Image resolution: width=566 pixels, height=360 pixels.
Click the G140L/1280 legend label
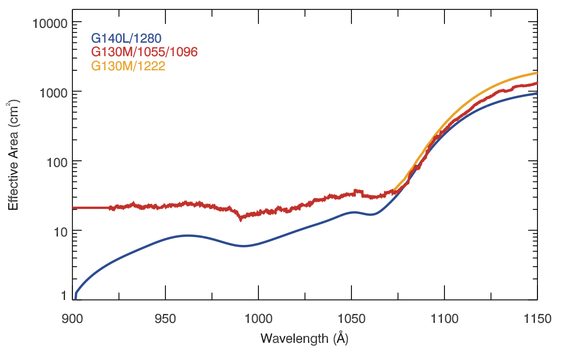[x=126, y=38]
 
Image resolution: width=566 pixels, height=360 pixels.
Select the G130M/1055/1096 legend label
[x=145, y=52]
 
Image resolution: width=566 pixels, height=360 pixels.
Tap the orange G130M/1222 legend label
[x=128, y=66]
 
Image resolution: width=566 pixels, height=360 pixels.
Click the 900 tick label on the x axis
[x=73, y=319]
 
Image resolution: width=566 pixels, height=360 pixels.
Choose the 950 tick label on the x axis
[x=166, y=319]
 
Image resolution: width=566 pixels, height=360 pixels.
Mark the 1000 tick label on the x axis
[x=258, y=319]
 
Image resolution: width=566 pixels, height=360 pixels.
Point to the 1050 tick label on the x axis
[x=351, y=319]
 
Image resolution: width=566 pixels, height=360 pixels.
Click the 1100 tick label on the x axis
[x=444, y=319]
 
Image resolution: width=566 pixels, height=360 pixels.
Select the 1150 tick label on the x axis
[x=537, y=319]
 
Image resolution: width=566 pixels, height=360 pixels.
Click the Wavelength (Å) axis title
[x=305, y=338]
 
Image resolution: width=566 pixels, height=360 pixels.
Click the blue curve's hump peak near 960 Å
[x=188, y=236]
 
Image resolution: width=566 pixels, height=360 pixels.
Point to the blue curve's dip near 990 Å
[x=244, y=246]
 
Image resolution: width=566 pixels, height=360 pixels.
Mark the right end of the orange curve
[x=536, y=73]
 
